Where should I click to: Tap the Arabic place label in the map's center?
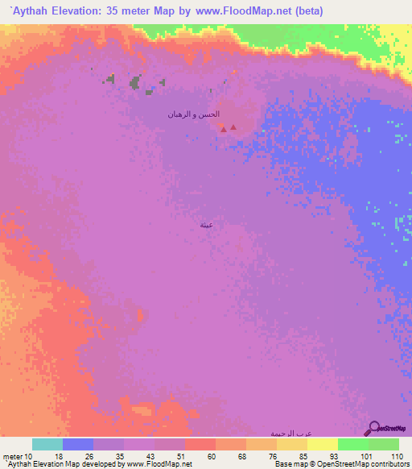206,226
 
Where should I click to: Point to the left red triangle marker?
224,129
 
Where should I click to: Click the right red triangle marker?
233,127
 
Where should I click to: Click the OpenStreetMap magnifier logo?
373,429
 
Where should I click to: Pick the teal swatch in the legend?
47,444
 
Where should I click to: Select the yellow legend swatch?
322,444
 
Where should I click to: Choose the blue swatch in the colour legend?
78,444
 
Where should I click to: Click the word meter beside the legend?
13,457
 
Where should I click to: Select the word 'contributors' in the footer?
389,464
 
